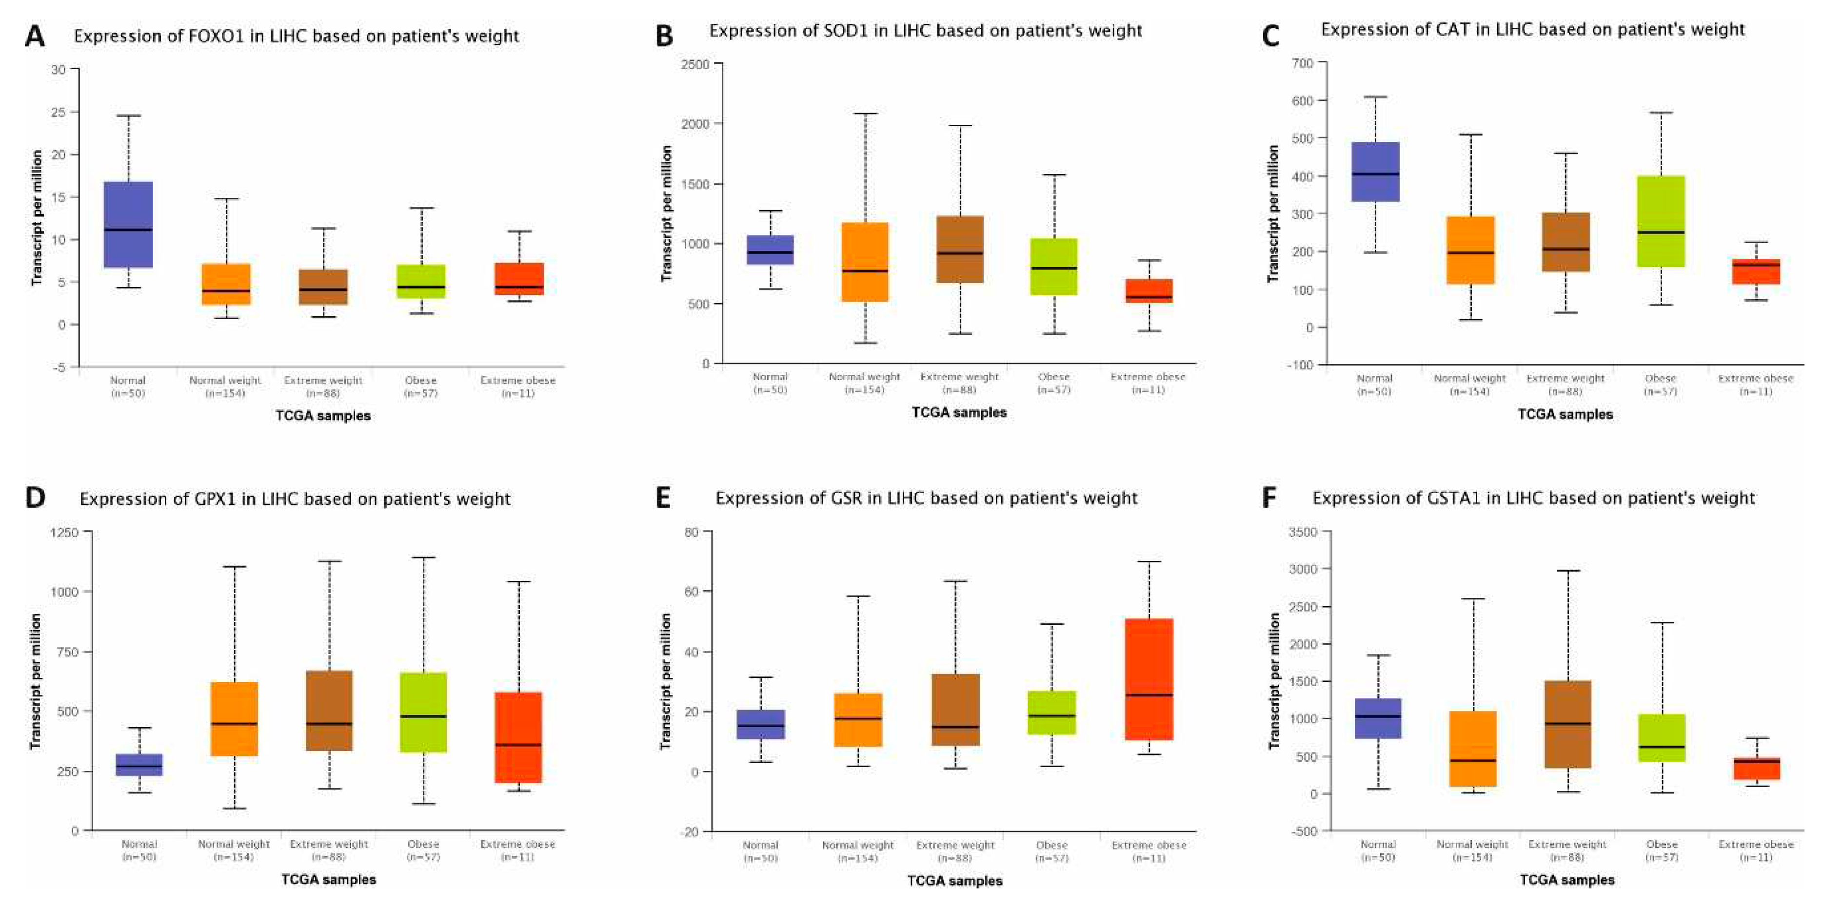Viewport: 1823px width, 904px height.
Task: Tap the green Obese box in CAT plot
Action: click(1660, 221)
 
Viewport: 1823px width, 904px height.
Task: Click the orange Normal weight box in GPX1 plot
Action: click(234, 719)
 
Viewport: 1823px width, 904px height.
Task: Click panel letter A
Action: click(34, 36)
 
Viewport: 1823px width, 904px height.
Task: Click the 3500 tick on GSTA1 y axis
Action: click(1304, 532)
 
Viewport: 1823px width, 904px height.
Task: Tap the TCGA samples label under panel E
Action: click(955, 881)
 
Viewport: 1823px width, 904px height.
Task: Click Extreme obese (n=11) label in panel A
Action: click(517, 386)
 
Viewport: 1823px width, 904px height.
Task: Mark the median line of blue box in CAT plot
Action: click(1375, 173)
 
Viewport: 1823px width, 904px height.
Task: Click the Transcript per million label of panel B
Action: click(666, 213)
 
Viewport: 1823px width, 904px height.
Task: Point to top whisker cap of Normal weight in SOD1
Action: click(865, 113)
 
